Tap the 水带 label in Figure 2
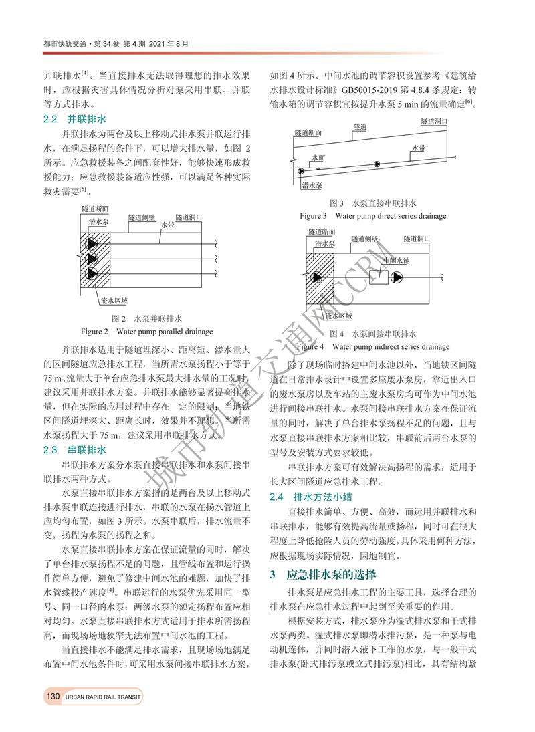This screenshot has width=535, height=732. (x=168, y=226)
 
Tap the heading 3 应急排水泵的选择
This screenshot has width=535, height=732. (x=322, y=574)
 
